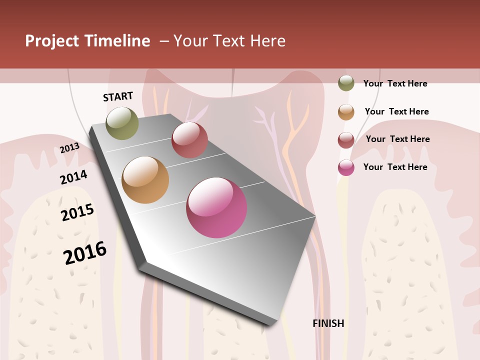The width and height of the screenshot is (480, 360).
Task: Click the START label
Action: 118,96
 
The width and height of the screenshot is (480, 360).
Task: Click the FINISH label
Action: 328,323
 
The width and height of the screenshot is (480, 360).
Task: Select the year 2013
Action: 70,147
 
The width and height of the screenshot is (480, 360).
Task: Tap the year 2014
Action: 74,177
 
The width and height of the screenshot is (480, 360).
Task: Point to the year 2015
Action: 77,212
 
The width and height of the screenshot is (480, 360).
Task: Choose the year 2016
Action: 85,253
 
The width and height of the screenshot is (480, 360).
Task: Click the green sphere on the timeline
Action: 122,123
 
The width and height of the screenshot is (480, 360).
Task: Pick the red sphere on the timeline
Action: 189,140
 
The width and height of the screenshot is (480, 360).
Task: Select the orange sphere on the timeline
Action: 145,180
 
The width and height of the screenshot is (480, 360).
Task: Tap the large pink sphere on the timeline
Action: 216,207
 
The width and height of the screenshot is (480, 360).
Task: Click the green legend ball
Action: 346,83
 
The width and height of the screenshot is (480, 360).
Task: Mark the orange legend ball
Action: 346,112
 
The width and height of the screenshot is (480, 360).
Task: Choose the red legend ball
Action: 346,140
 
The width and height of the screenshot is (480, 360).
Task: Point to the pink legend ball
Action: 346,167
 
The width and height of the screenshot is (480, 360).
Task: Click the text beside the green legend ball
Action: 395,83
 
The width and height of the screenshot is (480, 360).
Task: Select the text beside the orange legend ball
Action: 396,111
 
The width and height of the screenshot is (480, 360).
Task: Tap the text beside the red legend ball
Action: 397,139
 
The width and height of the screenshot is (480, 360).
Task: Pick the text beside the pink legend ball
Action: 395,167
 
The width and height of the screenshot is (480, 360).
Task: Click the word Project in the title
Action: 52,41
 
